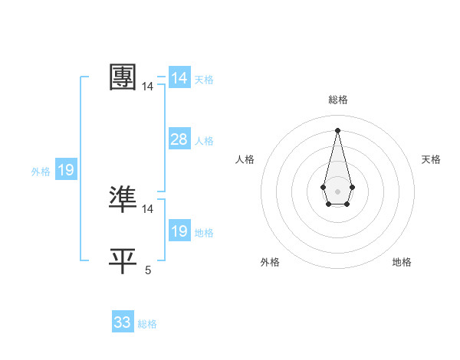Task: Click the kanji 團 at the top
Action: tap(123, 77)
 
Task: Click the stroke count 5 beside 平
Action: tap(148, 270)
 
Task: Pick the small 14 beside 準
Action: tap(148, 208)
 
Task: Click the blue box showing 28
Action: tap(179, 139)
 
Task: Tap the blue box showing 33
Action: tap(123, 322)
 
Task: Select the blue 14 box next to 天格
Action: tap(179, 78)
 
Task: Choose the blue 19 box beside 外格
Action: tap(66, 170)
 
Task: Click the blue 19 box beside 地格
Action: tap(179, 231)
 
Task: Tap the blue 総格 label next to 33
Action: tap(147, 324)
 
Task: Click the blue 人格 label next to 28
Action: tap(204, 141)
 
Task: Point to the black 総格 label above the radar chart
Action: tap(337, 100)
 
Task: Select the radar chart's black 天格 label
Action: tap(431, 159)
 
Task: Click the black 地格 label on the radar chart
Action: tap(402, 262)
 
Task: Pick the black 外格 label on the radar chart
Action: tap(270, 262)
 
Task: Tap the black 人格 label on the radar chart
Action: tap(245, 159)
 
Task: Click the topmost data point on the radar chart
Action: tap(337, 129)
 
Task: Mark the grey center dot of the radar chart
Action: tap(337, 190)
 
